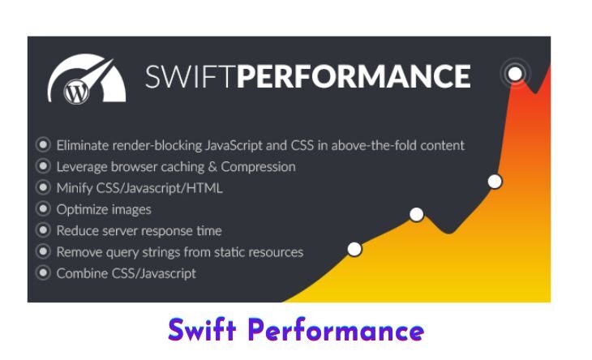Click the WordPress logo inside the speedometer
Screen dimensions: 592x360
77,92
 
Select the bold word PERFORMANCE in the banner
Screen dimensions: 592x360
354,76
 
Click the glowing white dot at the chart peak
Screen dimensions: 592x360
515,73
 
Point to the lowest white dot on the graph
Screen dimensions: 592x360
354,249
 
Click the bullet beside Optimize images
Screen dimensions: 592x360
43,208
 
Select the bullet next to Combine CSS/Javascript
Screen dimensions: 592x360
43,272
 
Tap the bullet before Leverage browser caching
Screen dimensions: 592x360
43,166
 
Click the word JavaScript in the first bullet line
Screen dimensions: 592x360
234,145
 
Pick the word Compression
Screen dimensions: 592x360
258,167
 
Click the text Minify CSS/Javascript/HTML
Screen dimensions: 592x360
139,188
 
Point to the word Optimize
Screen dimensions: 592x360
83,209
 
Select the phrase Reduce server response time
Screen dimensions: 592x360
139,230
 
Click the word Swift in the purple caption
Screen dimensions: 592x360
203,330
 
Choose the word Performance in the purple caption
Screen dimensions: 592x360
336,331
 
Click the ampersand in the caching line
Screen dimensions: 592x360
212,167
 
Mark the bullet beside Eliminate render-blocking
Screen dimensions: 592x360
43,144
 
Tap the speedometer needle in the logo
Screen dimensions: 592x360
97,73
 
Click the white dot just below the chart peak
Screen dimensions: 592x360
495,182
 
